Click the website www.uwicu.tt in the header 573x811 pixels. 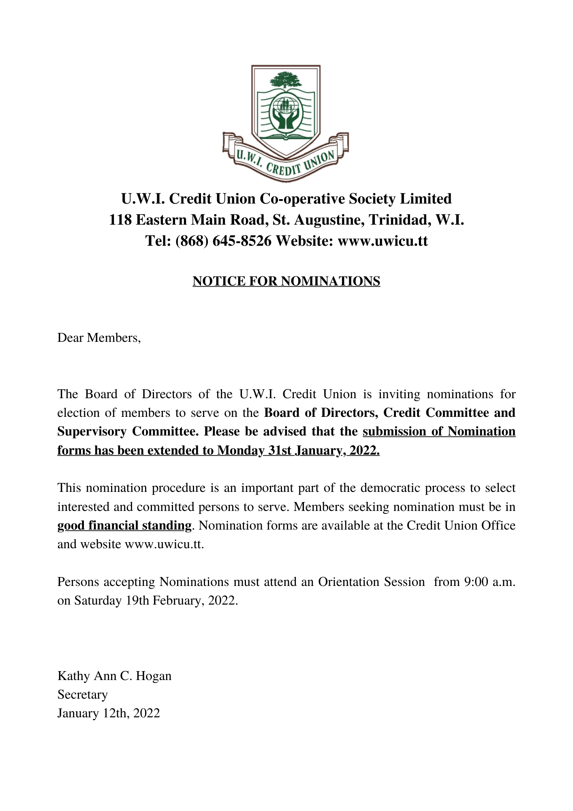coord(383,241)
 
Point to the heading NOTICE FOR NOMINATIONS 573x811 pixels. coord(286,281)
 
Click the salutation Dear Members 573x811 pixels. coord(99,338)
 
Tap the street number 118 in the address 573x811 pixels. coord(120,220)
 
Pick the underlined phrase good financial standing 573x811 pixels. coord(124,526)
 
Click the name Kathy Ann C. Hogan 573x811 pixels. coord(114,676)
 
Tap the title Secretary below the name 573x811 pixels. coord(82,695)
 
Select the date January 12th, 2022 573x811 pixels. coord(109,713)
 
